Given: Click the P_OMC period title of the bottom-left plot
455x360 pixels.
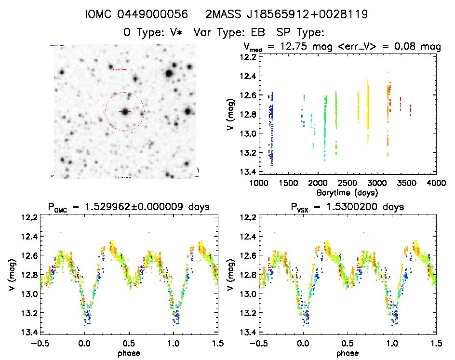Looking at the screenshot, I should click(x=128, y=207).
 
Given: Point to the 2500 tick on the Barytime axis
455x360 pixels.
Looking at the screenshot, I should click(x=348, y=183).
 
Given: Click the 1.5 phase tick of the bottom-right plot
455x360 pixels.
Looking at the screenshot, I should click(x=436, y=343).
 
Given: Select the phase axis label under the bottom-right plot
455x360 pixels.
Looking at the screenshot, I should click(x=348, y=353).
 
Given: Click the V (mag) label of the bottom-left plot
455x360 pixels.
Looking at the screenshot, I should click(x=11, y=275).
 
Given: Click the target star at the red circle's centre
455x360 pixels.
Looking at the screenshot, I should click(x=125, y=112).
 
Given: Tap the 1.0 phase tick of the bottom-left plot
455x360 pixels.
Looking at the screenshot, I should click(x=173, y=343).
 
